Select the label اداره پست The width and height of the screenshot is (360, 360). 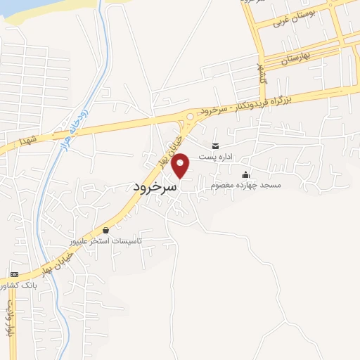[x=214, y=157]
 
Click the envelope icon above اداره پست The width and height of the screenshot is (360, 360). [x=214, y=146]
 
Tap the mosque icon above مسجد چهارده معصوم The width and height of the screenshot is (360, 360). [x=245, y=174]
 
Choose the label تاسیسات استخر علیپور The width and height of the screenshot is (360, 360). [x=106, y=240]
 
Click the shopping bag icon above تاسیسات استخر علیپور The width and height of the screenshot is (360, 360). [x=105, y=230]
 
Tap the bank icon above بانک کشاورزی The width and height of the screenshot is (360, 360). [x=13, y=274]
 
